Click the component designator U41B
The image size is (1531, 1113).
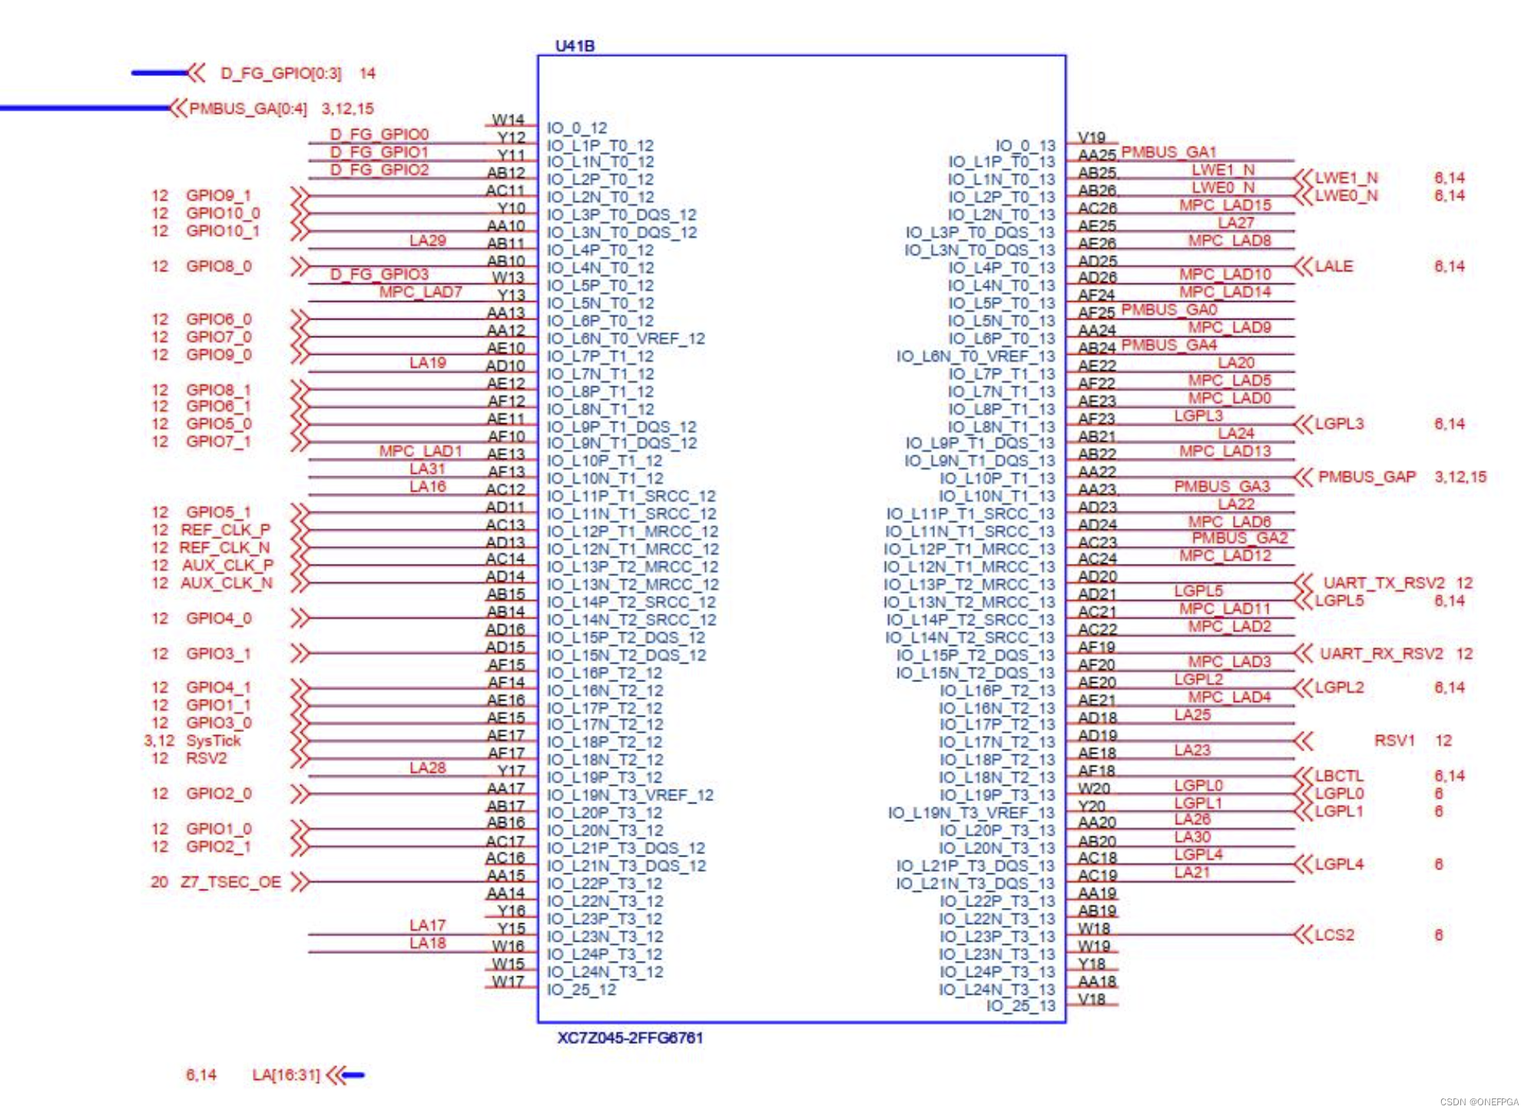click(x=575, y=46)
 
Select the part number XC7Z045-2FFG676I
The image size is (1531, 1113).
click(x=630, y=1038)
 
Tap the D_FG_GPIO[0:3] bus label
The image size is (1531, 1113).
click(x=280, y=74)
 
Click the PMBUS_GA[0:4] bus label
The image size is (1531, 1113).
click(x=247, y=109)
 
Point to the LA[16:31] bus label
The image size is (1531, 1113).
click(x=286, y=1075)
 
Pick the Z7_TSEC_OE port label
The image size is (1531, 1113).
click(x=230, y=882)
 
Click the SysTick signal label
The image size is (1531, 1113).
click(x=214, y=740)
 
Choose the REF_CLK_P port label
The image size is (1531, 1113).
click(x=225, y=530)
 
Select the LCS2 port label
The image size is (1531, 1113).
click(x=1334, y=935)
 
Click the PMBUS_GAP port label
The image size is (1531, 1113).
click(x=1367, y=477)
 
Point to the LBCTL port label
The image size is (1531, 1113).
click(x=1339, y=776)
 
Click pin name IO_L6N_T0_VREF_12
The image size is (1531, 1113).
click(x=625, y=339)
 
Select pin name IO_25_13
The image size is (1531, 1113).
click(x=1020, y=1006)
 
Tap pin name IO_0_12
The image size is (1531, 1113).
click(x=577, y=128)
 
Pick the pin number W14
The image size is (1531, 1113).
click(x=508, y=120)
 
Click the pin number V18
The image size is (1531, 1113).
click(x=1092, y=999)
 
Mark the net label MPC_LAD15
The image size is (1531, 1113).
click(x=1225, y=205)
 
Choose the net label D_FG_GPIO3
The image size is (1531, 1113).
click(x=379, y=274)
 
